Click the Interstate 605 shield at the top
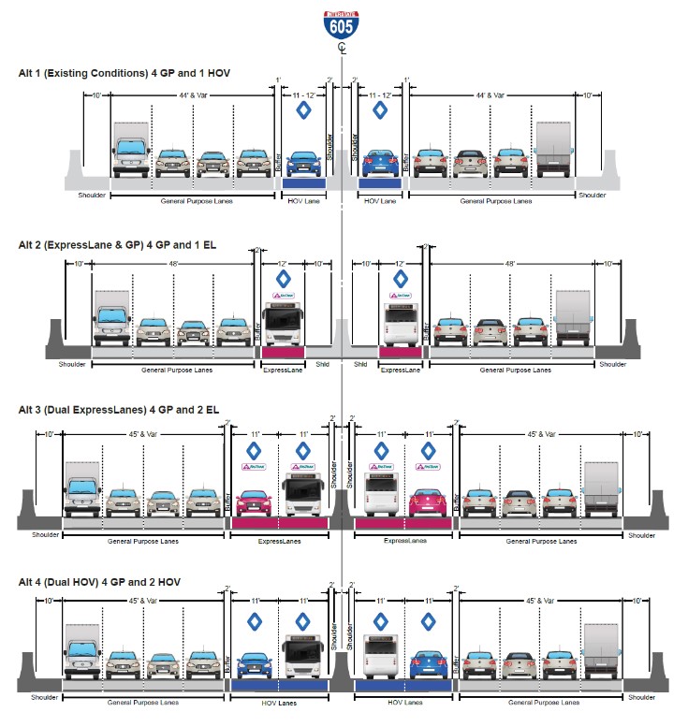[x=343, y=21]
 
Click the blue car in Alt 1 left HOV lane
[x=303, y=163]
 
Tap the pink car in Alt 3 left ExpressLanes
[x=254, y=502]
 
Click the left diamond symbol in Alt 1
[x=303, y=110]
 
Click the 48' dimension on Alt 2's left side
[x=174, y=264]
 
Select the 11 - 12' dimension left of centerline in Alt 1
[x=303, y=95]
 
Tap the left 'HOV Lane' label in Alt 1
[x=303, y=200]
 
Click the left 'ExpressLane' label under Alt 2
[x=283, y=370]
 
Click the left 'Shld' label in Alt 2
[x=322, y=366]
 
